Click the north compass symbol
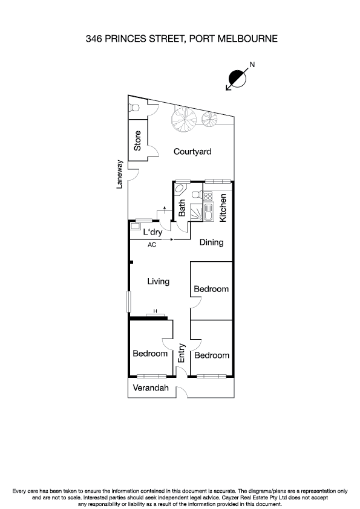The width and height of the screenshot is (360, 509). [x=237, y=78]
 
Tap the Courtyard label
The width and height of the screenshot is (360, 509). [x=192, y=152]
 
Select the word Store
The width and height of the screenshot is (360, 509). [x=138, y=141]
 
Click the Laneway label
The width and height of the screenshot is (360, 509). [x=120, y=174]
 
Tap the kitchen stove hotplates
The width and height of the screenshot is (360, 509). [x=208, y=196]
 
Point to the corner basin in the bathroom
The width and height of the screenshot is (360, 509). [x=180, y=189]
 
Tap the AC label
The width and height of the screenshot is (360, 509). [x=152, y=244]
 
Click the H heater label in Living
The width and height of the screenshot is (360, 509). [x=155, y=311]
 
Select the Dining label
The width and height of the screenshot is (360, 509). [x=212, y=242]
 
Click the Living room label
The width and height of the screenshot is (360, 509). [x=159, y=281]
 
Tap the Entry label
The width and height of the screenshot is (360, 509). [x=182, y=354]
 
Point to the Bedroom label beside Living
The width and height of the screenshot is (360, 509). [x=211, y=289]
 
